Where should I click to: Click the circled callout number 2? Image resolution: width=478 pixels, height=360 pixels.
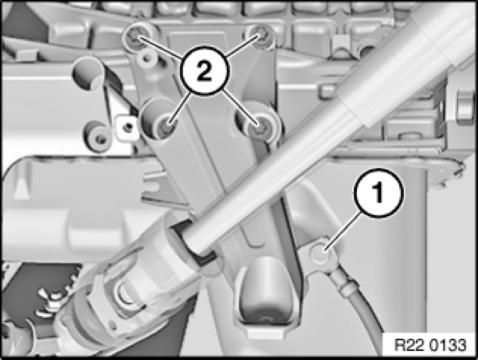pos(204,72)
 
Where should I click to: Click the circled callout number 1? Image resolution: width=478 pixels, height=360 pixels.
pos(379,193)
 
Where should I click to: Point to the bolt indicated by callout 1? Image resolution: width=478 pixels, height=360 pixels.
pos(320,255)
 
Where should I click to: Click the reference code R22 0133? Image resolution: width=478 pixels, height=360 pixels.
pos(430,345)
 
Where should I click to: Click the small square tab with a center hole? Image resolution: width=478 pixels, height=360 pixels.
pos(127,127)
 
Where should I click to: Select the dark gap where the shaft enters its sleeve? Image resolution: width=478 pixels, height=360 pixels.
pos(194,241)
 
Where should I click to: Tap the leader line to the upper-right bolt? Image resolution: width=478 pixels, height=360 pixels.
pos(243,46)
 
